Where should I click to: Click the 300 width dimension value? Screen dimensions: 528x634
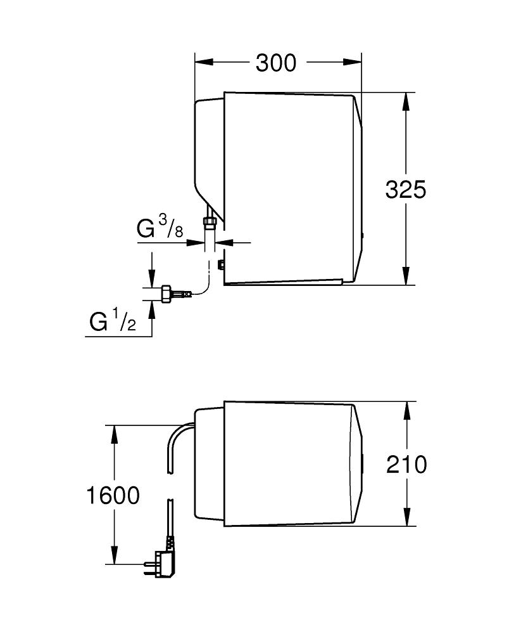276,63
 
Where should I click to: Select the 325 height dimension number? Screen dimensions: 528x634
406,189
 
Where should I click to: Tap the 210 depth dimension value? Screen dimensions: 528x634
406,464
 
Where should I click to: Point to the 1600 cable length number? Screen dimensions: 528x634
113,495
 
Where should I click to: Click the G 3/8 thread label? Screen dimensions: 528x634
160,227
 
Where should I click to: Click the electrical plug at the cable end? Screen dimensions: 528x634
159,562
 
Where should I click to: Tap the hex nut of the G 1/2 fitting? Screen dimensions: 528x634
166,294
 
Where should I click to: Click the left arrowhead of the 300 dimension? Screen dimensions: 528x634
204,61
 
